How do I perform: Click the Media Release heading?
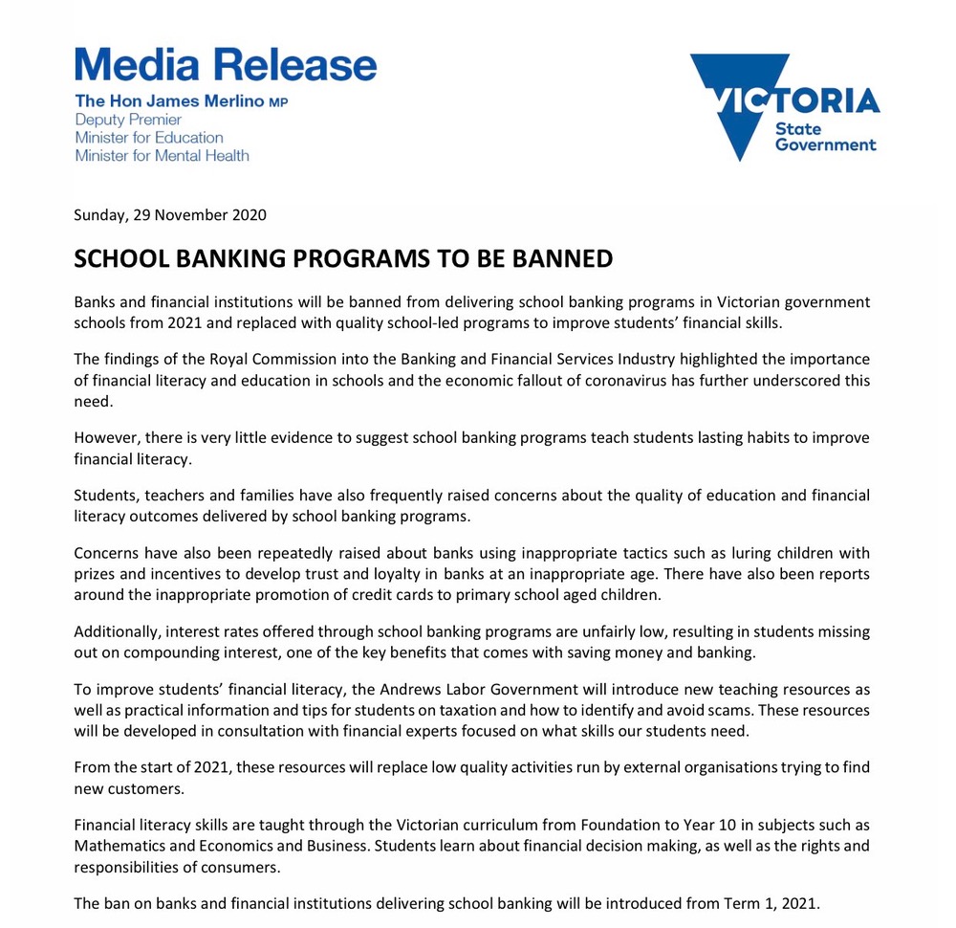click(x=226, y=64)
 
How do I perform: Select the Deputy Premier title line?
click(x=128, y=120)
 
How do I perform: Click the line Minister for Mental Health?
click(x=162, y=155)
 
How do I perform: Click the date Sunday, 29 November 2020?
click(x=170, y=214)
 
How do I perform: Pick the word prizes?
click(x=97, y=574)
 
